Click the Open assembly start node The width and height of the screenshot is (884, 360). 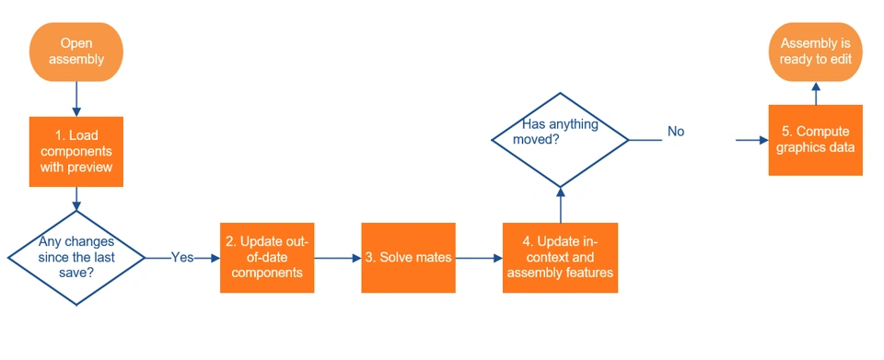[76, 52]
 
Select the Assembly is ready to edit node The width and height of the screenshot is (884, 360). [815, 52]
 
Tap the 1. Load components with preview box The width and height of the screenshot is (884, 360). [76, 152]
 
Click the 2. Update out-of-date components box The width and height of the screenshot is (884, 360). [267, 258]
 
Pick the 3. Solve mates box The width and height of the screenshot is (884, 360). [408, 258]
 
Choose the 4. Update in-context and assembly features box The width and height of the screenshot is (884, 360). [560, 258]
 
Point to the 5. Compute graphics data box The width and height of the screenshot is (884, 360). [815, 140]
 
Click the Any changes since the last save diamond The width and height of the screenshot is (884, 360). [76, 258]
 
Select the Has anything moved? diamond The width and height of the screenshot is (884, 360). [560, 139]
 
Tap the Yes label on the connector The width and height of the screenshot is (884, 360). [182, 258]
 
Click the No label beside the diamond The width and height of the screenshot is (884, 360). [676, 132]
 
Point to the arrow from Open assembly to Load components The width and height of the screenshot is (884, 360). [76, 99]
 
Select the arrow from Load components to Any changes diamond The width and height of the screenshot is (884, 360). [76, 198]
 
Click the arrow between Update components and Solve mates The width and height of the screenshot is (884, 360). [338, 258]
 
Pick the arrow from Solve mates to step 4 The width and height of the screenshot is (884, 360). [479, 258]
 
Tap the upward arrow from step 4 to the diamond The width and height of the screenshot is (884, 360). [560, 205]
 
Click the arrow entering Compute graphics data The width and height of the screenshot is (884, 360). [752, 140]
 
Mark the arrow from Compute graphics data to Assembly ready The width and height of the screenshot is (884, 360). [815, 93]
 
